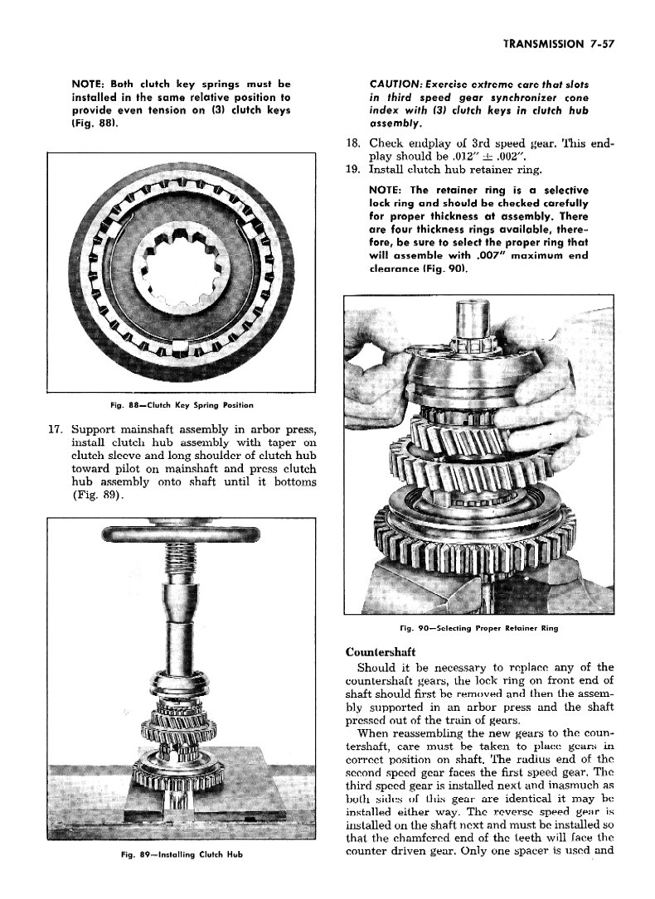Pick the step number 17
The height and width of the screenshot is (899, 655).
point(56,430)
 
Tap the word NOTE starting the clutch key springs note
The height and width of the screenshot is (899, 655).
point(90,85)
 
